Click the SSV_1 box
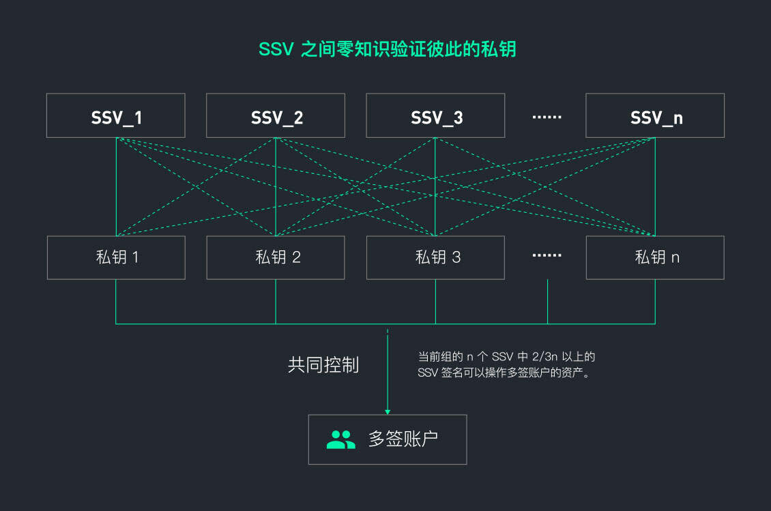(x=116, y=115)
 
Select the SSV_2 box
(x=276, y=115)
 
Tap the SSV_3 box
(x=435, y=115)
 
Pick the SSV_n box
(x=655, y=115)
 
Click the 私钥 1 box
(x=116, y=257)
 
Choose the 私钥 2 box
(x=276, y=257)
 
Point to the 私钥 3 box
(x=435, y=257)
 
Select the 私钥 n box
(x=655, y=257)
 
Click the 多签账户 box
(x=388, y=439)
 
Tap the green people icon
(x=340, y=439)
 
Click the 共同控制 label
(x=323, y=365)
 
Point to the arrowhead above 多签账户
(x=388, y=411)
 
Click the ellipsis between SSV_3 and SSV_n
(x=547, y=117)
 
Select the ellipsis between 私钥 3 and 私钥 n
(x=547, y=255)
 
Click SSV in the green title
(x=276, y=49)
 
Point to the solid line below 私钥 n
(x=655, y=300)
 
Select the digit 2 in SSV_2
(x=297, y=117)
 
